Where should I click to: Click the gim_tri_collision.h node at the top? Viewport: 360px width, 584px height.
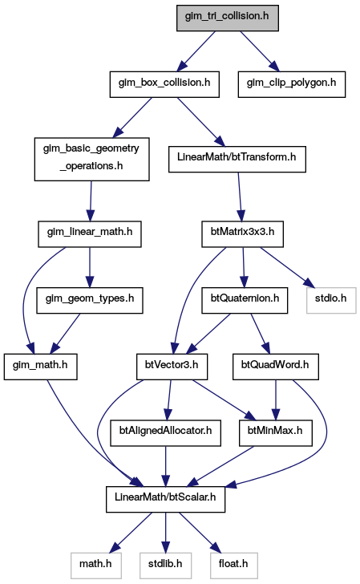(227, 18)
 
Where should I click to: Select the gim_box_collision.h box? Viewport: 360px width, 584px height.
(164, 84)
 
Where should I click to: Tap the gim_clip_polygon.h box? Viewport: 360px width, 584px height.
(292, 84)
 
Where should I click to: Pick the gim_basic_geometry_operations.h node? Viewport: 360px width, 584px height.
(91, 160)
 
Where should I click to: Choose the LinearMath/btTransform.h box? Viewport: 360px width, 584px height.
(237, 160)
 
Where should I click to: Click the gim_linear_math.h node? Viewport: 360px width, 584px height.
(89, 234)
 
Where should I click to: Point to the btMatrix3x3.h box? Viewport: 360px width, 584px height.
(242, 234)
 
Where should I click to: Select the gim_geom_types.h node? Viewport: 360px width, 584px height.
(89, 300)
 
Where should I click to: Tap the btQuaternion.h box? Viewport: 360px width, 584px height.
(245, 300)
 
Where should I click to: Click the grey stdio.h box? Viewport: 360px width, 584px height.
(331, 300)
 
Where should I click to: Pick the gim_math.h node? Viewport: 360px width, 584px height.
(41, 367)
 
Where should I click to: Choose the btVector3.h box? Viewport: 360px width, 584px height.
(172, 367)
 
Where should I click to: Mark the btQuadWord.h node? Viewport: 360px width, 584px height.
(276, 367)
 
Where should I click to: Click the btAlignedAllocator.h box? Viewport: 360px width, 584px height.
(165, 433)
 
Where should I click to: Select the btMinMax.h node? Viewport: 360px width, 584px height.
(276, 433)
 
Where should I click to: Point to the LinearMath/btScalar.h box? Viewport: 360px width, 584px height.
(165, 500)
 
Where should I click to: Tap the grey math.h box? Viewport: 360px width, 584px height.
(95, 566)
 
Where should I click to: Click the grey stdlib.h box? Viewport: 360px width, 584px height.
(165, 566)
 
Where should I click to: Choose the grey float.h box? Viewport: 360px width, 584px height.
(233, 566)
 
